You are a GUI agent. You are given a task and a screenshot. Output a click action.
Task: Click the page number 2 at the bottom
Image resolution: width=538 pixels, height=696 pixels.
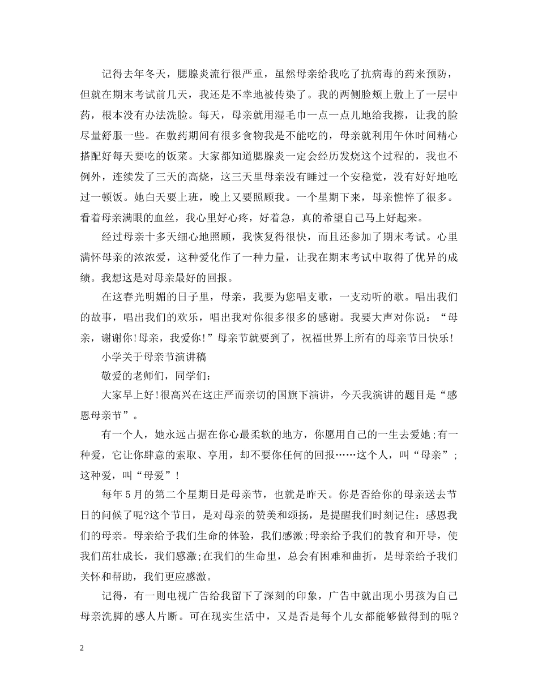tap(82, 648)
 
